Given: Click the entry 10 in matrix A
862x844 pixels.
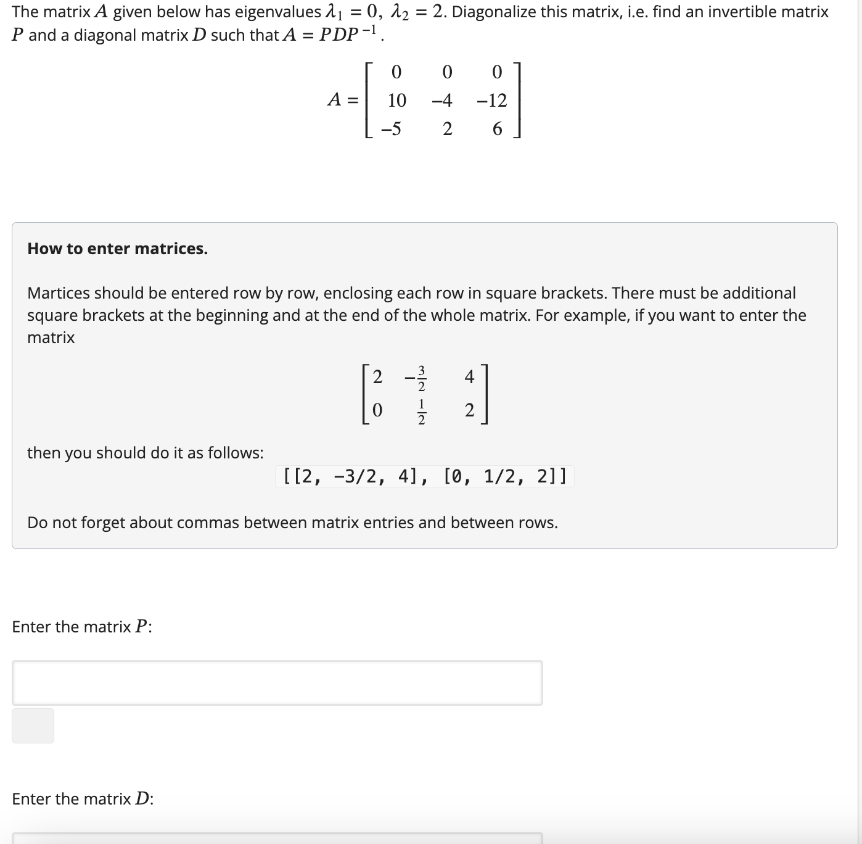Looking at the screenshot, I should [396, 100].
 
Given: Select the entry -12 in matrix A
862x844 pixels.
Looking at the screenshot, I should [491, 100].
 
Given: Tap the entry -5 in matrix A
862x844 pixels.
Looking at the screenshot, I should [391, 129].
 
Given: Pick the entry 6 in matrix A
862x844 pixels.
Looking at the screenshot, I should [497, 129].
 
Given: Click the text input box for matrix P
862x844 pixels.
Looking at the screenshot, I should [277, 683].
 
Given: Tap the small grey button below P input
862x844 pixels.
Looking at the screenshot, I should [33, 726].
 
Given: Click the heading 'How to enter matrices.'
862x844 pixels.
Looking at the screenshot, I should [117, 249].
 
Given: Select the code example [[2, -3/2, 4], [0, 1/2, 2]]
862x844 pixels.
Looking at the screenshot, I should [424, 476].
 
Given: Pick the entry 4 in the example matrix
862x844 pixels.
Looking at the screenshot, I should [469, 376].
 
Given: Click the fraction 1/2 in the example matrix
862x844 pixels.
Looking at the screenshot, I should [421, 412].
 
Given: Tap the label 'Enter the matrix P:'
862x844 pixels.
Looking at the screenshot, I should [82, 627].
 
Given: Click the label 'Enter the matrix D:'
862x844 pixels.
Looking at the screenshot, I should [83, 799].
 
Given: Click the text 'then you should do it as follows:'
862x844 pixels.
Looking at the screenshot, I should [145, 453].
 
